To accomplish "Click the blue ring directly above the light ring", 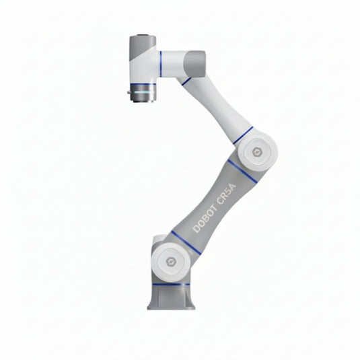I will click(142, 85).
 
